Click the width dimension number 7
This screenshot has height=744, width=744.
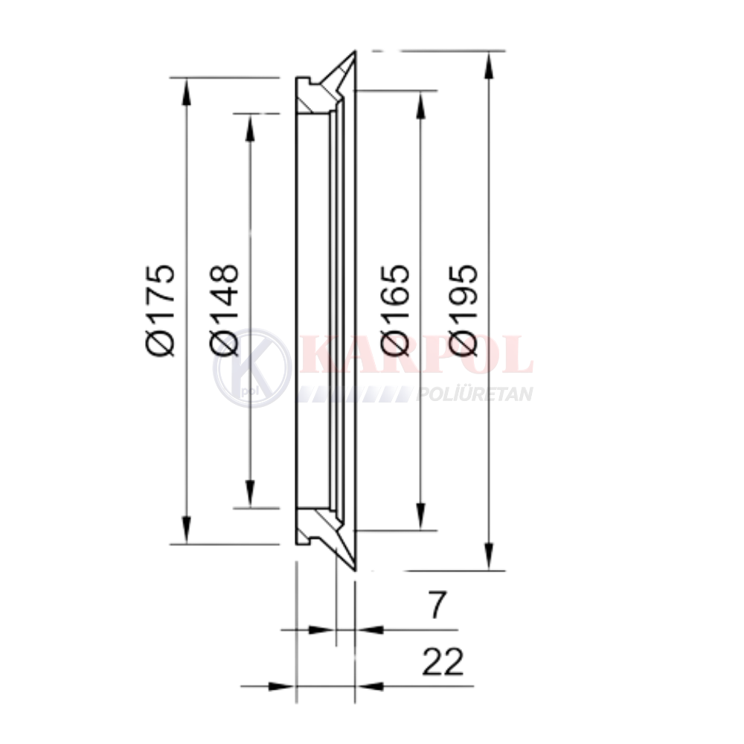[437, 606]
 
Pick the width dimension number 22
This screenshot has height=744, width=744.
[442, 662]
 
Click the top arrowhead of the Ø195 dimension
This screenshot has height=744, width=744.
[488, 64]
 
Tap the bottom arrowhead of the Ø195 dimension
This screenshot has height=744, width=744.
[488, 557]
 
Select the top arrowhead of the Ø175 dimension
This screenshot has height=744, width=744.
[187, 91]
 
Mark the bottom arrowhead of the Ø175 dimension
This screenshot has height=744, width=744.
[187, 530]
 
